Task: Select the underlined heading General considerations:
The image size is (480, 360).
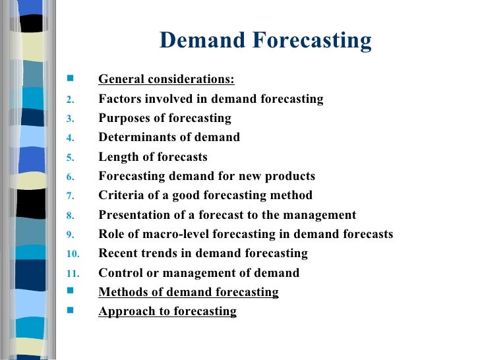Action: [x=166, y=80]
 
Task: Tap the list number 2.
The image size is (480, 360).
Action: [x=71, y=100]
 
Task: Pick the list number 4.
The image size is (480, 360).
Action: [x=71, y=138]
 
